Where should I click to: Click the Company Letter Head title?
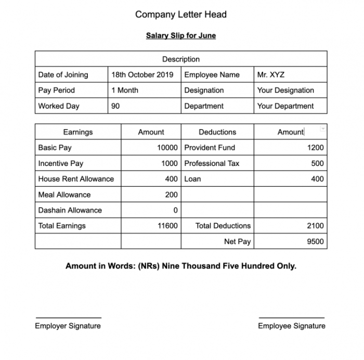pos(181,15)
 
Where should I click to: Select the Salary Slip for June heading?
pos(181,36)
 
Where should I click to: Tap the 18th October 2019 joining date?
pos(142,75)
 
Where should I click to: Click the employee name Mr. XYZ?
pos(270,75)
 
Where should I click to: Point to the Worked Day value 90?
pos(115,106)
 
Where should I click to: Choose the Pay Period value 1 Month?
pos(125,91)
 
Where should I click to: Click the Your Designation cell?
pos(285,91)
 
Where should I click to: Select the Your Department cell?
pos(285,106)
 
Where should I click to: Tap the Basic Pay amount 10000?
pos(167,148)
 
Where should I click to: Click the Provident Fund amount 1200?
pos(315,148)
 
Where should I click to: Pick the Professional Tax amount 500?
pos(317,163)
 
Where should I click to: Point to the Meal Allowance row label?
pos(64,195)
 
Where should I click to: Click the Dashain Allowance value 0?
pos(175,210)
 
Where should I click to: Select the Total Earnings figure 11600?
pos(167,226)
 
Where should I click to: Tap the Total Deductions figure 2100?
pos(315,226)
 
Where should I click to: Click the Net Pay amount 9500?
pos(315,241)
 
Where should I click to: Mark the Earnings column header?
pos(78,132)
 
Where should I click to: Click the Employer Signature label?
pos(68,326)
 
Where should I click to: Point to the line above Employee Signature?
pos(291,317)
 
